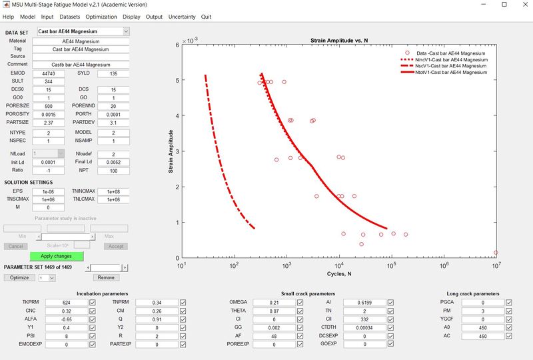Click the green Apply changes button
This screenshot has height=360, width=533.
(x=56, y=256)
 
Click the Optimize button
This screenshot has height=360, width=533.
(x=19, y=277)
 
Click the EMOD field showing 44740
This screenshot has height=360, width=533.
(x=49, y=73)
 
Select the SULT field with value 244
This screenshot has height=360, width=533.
(x=49, y=81)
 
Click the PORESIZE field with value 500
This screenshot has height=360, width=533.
(x=49, y=105)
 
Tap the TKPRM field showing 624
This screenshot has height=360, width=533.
(x=66, y=303)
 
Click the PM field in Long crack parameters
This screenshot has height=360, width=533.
(x=482, y=311)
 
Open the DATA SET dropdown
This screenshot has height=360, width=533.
(x=83, y=31)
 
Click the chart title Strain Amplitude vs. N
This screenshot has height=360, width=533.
(x=340, y=41)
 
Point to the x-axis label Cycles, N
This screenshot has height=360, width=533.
(x=340, y=273)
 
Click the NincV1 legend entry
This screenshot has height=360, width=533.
(x=448, y=60)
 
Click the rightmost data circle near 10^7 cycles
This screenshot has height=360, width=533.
(x=496, y=253)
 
